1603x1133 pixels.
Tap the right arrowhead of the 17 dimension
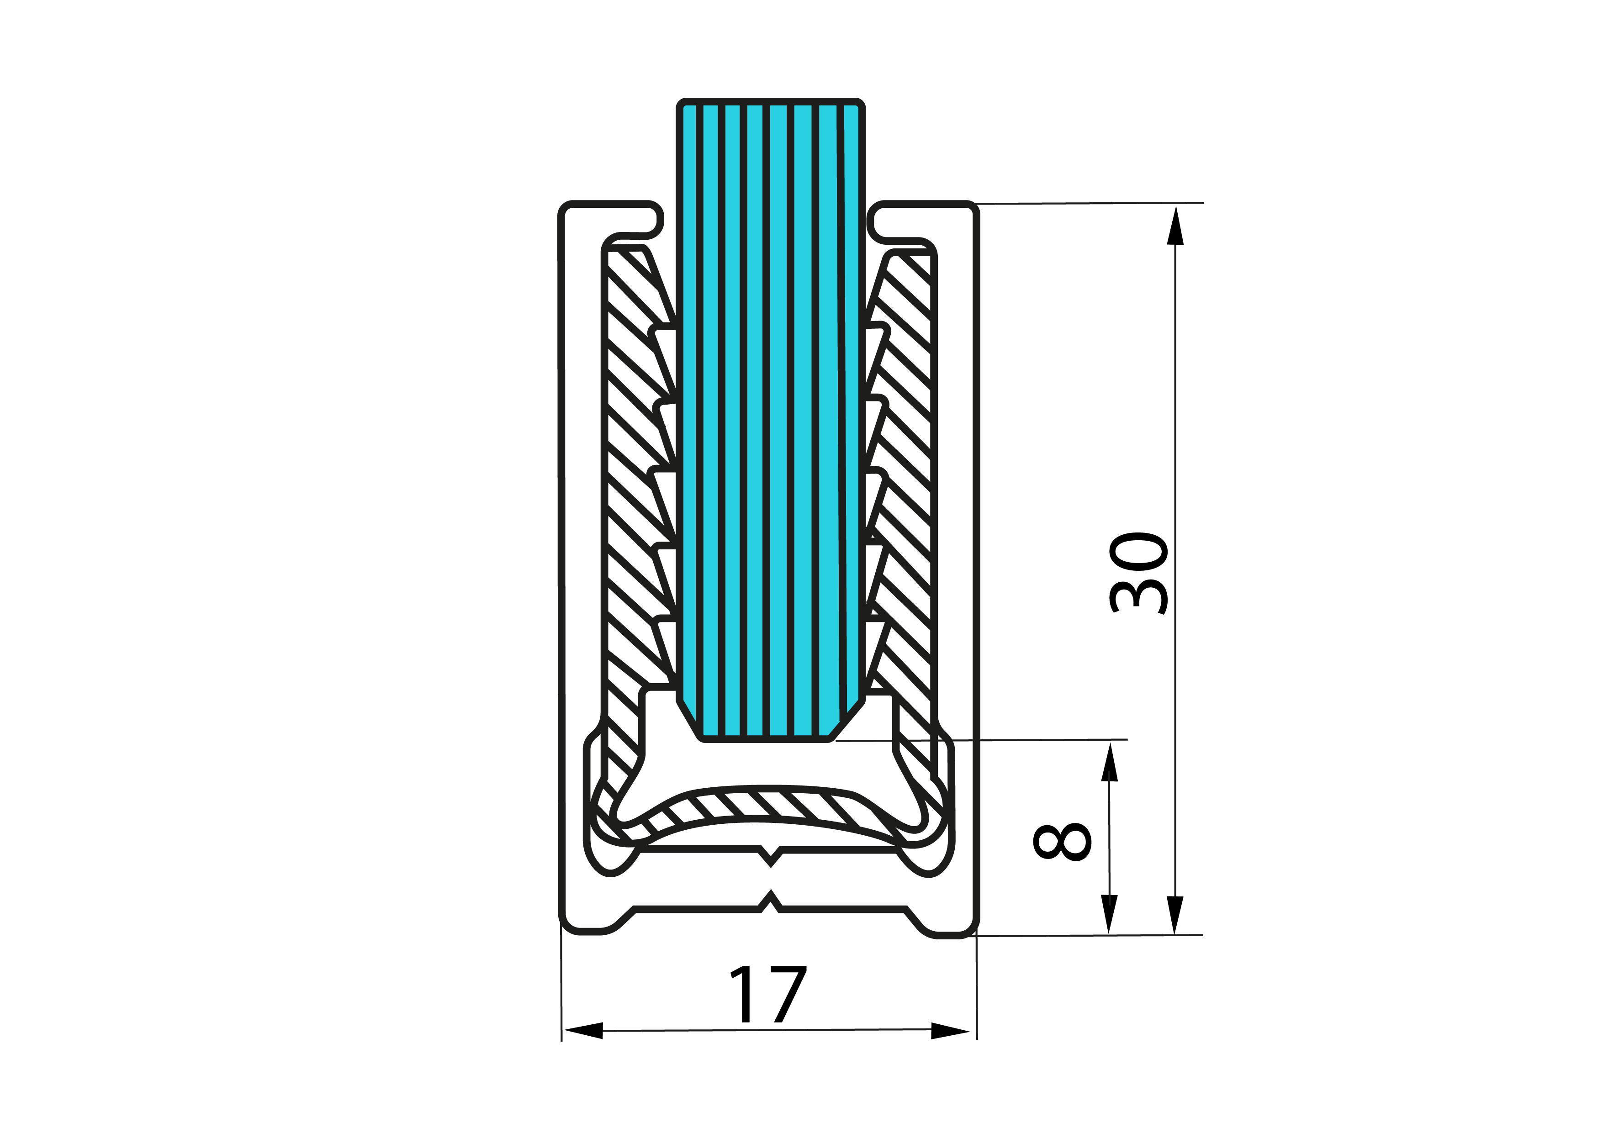[x=950, y=1031]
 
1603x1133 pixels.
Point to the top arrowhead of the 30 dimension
[x=1176, y=226]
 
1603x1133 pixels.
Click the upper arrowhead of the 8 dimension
[x=1109, y=762]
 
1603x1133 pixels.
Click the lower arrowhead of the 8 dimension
[x=1109, y=914]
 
